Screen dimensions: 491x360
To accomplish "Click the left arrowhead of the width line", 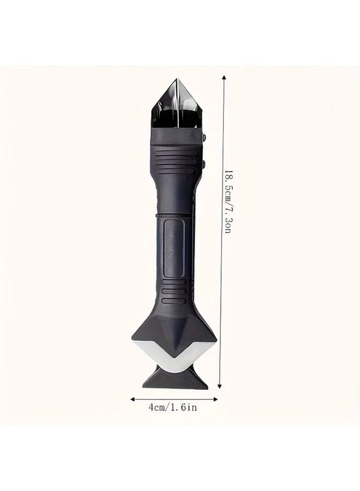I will [x=132, y=399].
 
